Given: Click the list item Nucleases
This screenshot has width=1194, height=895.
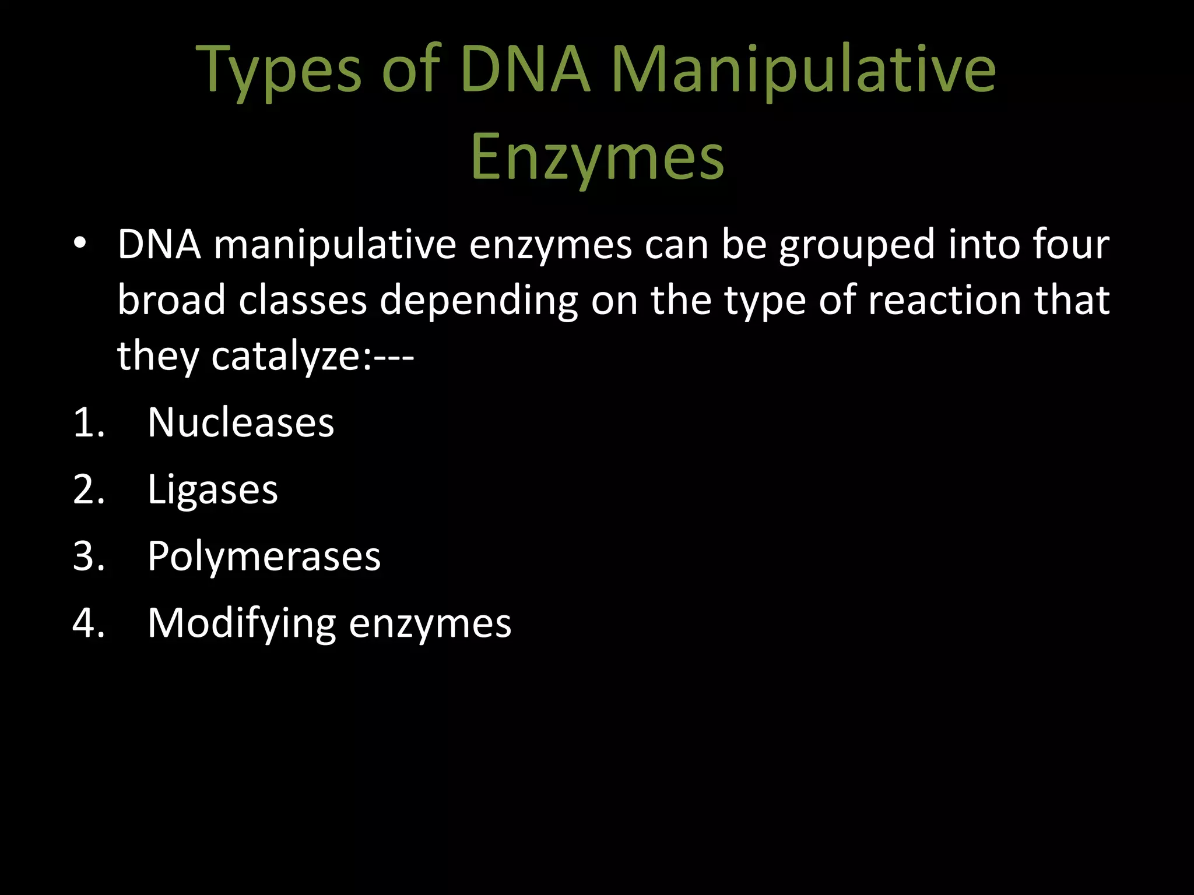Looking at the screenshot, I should coord(241,422).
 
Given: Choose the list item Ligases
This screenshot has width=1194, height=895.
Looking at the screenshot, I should coord(213,490).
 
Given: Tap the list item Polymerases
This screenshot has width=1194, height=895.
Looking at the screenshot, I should coord(264,556).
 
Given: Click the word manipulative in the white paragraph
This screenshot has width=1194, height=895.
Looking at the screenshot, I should coord(335,245).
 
